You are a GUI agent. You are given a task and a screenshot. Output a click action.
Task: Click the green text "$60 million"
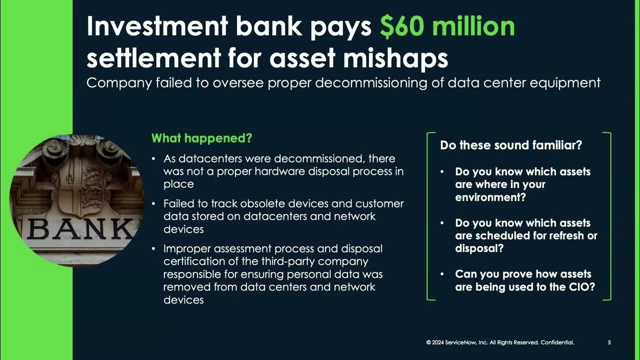447,26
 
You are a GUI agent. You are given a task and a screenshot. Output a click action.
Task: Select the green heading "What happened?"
201,138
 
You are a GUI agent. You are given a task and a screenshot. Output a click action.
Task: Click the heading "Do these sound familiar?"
511,145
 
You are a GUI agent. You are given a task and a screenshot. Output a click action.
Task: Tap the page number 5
609,342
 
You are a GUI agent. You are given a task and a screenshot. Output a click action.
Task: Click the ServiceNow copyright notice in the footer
500,342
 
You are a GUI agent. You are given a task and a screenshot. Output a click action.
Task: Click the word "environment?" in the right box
490,197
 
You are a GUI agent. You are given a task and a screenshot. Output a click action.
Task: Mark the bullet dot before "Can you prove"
442,274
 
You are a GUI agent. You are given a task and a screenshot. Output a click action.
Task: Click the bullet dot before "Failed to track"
153,204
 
